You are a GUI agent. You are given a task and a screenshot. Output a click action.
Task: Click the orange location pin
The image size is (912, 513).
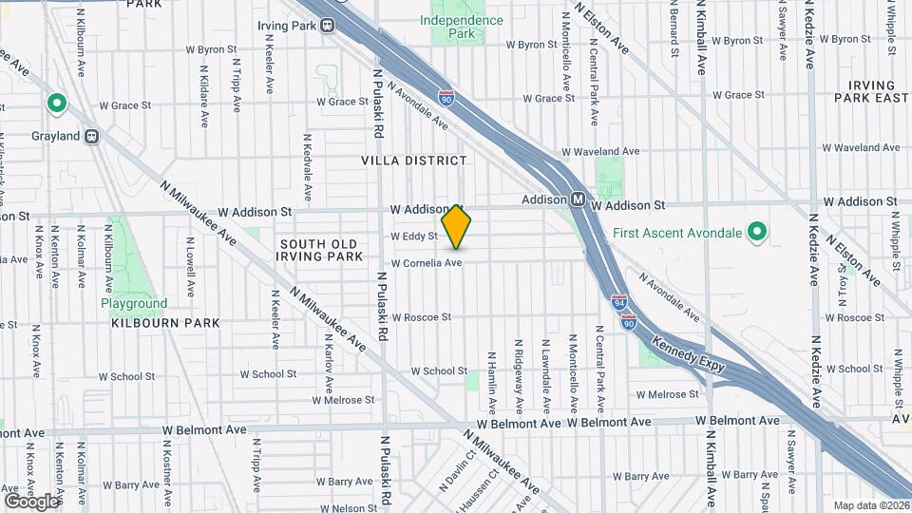click(457, 226)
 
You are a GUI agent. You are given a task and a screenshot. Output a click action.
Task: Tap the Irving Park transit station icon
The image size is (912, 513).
click(327, 27)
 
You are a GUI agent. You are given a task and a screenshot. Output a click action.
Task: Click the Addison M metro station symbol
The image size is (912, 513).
click(578, 200)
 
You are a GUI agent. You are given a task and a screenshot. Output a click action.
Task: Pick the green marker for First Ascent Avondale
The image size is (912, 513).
click(757, 231)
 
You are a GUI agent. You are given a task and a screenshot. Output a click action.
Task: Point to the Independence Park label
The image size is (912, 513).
click(462, 27)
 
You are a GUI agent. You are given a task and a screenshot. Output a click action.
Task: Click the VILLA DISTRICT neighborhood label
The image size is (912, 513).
click(414, 161)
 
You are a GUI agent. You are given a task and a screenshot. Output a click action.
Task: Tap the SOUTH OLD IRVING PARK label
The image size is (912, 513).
click(321, 250)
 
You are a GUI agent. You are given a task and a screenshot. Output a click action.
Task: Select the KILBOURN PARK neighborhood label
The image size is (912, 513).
click(165, 323)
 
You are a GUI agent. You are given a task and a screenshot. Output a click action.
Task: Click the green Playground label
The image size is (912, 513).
click(134, 304)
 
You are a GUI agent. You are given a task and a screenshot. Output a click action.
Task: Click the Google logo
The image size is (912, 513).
click(31, 501)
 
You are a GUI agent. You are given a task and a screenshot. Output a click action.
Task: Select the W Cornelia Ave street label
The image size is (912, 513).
click(427, 263)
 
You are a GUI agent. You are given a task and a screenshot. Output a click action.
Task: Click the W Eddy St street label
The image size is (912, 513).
click(413, 237)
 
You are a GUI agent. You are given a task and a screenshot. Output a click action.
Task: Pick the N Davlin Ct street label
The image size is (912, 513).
click(446, 471)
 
